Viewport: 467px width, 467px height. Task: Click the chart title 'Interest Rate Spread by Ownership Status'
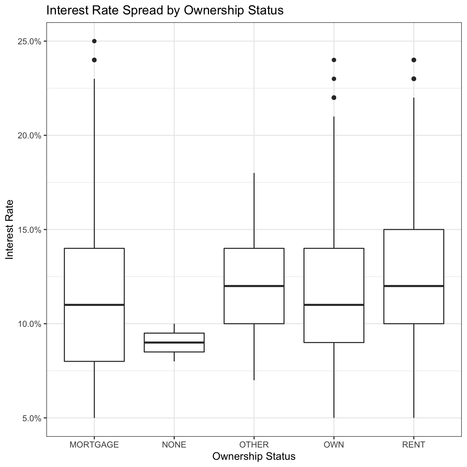165,11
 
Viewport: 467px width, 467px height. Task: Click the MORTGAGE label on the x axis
94,445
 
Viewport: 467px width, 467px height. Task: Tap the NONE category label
174,445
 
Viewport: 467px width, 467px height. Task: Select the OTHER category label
254,445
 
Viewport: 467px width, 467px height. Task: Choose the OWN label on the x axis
334,445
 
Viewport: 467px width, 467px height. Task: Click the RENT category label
414,445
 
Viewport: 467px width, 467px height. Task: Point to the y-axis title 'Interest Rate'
10,229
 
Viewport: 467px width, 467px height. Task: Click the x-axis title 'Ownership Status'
254,457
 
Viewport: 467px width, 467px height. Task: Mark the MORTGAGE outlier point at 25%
94,41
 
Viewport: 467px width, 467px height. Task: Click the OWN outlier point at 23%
334,79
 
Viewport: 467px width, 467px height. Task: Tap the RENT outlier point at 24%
414,60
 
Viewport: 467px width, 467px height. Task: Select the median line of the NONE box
174,342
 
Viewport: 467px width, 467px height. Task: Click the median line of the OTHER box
254,286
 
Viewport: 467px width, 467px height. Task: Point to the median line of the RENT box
414,286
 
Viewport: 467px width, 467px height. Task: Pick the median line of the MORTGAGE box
94,305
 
